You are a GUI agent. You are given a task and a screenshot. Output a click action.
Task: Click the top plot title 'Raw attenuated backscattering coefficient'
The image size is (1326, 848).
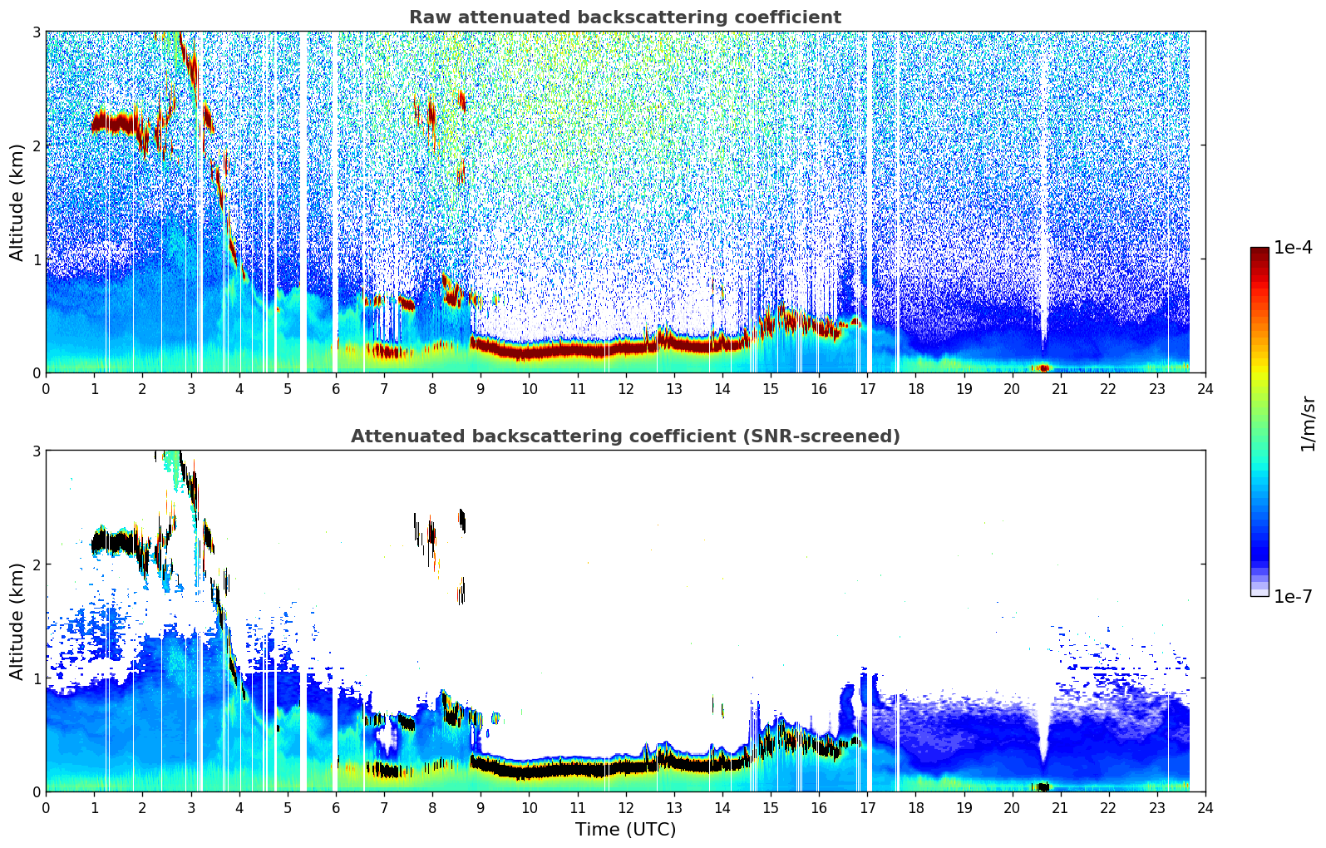pyautogui.click(x=624, y=17)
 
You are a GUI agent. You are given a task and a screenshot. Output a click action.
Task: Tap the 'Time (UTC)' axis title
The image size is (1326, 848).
pyautogui.click(x=625, y=829)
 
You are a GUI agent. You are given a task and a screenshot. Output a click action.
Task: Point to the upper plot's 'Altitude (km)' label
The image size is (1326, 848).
pyautogui.click(x=17, y=202)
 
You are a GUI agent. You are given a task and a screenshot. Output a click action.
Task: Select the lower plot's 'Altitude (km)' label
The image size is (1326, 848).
pyautogui.click(x=17, y=621)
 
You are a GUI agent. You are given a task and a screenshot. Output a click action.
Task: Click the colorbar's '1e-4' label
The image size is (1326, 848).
pyautogui.click(x=1293, y=248)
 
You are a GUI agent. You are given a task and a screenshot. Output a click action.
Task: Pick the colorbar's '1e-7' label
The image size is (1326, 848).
pyautogui.click(x=1293, y=596)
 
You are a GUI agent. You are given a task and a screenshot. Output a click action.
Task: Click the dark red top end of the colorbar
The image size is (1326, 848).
pyautogui.click(x=1259, y=251)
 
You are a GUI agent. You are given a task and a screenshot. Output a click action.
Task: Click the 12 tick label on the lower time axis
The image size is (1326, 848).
pyautogui.click(x=625, y=808)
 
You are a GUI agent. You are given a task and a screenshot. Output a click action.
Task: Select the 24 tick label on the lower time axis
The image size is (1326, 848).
pyautogui.click(x=1205, y=808)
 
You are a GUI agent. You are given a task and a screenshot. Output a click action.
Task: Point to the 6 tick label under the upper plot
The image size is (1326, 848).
pyautogui.click(x=336, y=389)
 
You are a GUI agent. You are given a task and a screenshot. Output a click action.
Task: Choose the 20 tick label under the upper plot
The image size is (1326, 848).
pyautogui.click(x=1012, y=389)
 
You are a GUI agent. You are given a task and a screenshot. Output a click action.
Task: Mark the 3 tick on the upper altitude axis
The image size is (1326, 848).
pyautogui.click(x=36, y=32)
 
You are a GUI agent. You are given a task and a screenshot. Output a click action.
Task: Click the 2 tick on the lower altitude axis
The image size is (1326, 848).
pyautogui.click(x=36, y=565)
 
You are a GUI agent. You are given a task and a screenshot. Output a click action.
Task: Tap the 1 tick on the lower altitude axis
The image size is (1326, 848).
pyautogui.click(x=36, y=678)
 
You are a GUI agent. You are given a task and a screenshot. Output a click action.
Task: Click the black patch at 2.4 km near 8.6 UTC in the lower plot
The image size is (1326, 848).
pyautogui.click(x=462, y=520)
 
